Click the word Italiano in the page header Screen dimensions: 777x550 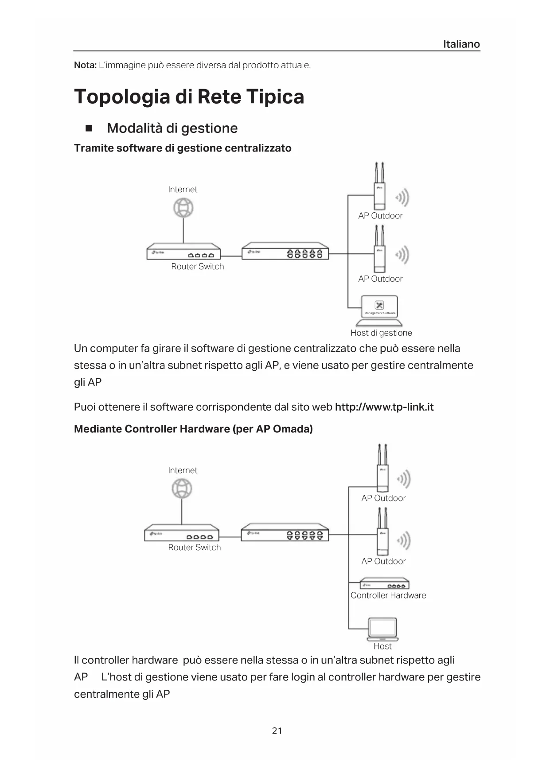pyautogui.click(x=461, y=44)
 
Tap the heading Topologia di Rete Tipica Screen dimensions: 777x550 pyautogui.click(x=189, y=97)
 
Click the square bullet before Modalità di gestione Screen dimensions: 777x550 pyautogui.click(x=89, y=128)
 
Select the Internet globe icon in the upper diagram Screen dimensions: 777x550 pyautogui.click(x=183, y=208)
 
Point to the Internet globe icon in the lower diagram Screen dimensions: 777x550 pyautogui.click(x=182, y=489)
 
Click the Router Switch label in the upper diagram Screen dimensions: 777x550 pyautogui.click(x=197, y=267)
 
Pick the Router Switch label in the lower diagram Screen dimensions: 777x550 pyautogui.click(x=194, y=548)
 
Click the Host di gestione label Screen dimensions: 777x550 pyautogui.click(x=381, y=333)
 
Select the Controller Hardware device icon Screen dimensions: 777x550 pyautogui.click(x=384, y=583)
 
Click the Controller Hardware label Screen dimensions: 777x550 pyautogui.click(x=388, y=596)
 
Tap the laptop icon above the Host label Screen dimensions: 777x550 pyautogui.click(x=383, y=629)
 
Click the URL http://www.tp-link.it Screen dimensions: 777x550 pyautogui.click(x=384, y=407)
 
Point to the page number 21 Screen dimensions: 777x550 pyautogui.click(x=277, y=731)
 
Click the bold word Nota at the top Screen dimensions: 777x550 pyautogui.click(x=85, y=66)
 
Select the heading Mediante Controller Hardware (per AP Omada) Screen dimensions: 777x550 pyautogui.click(x=193, y=429)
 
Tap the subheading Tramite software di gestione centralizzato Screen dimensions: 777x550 pyautogui.click(x=183, y=148)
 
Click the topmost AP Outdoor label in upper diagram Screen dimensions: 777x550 pyautogui.click(x=380, y=216)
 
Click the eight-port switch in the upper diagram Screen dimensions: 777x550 pyautogui.click(x=285, y=251)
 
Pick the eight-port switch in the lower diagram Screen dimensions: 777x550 pyautogui.click(x=285, y=532)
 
